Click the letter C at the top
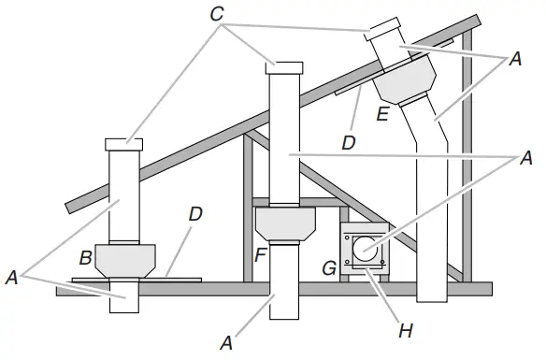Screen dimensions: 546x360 tap(217, 15)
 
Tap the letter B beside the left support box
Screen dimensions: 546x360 tap(86, 258)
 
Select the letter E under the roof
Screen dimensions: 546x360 tap(382, 114)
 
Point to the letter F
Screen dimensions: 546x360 tap(261, 255)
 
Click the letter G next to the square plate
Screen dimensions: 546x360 tap(329, 268)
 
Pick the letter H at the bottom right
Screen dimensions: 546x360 tap(406, 331)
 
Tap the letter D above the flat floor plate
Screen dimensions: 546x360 tap(195, 214)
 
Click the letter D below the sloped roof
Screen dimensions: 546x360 tap(349, 142)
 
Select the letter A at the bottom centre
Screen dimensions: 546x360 tap(226, 343)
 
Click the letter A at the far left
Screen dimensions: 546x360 tap(11, 278)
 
